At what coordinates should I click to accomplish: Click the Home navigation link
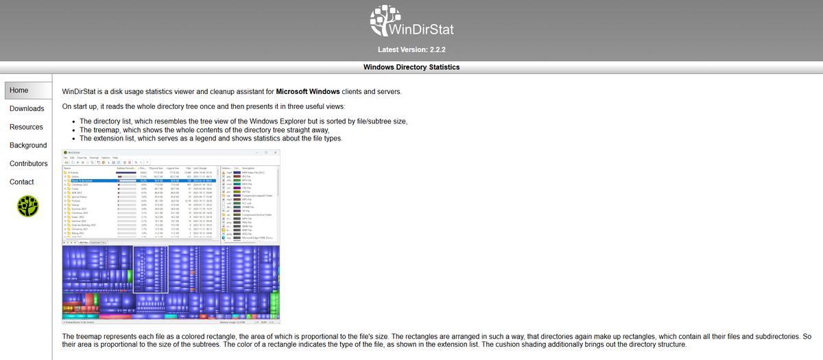pos(19,91)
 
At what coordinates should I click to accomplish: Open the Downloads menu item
pos(27,109)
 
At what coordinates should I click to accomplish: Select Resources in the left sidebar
pos(26,127)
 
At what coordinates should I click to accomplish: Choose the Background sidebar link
pos(28,145)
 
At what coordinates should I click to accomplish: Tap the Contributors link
pos(28,164)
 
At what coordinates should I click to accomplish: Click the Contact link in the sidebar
pos(21,182)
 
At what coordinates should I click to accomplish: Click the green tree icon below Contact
pos(28,205)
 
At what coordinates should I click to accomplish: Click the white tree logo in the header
pos(385,21)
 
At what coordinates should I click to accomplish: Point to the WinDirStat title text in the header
pos(420,29)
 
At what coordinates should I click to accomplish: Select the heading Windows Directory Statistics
pos(411,67)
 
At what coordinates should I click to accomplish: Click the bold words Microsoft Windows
pos(308,92)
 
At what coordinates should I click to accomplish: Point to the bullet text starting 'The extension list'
pos(211,139)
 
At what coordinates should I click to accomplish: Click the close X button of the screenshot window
pos(275,152)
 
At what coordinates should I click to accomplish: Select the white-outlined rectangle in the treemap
pos(150,269)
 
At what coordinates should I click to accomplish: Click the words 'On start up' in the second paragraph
pos(80,106)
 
